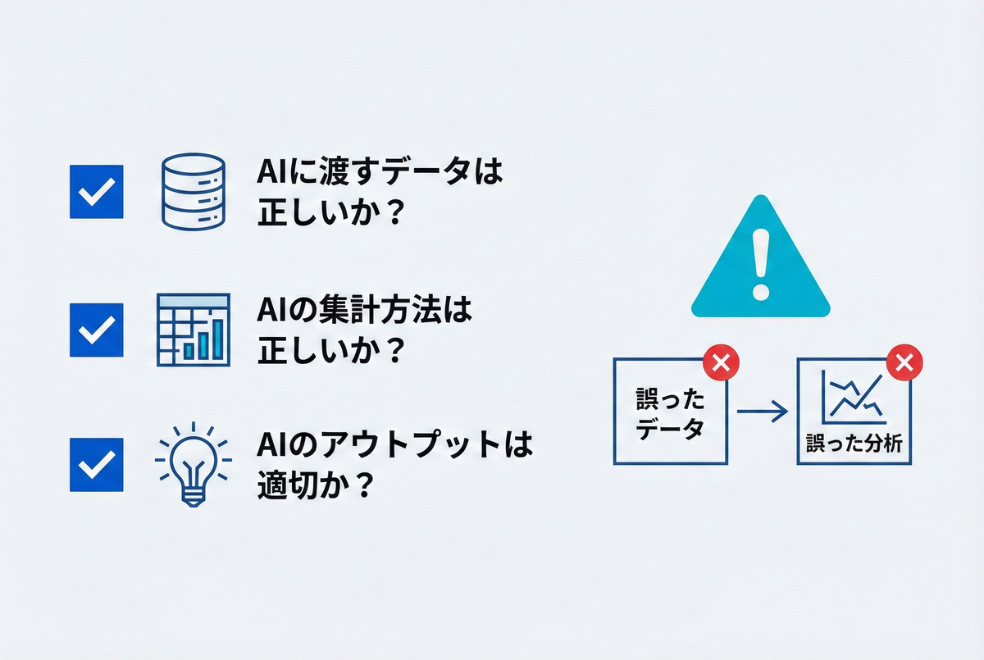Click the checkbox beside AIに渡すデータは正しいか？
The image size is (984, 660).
(97, 191)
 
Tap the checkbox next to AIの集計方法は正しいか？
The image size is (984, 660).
(97, 330)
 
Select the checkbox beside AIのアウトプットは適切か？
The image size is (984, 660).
(97, 465)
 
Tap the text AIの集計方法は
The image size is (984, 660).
(366, 313)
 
